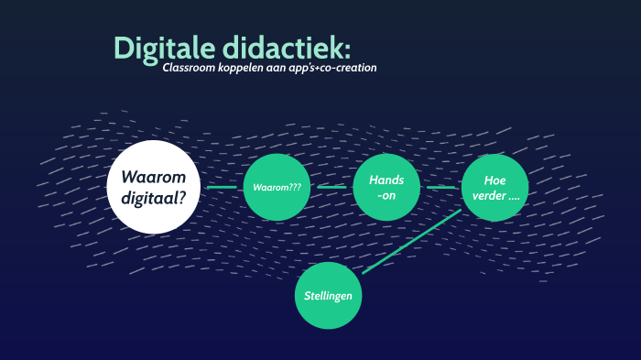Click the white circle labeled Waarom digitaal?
point(154,186)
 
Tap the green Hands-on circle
point(386,187)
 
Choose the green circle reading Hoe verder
point(494,187)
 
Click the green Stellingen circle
point(328,296)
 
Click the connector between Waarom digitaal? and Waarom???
point(222,187)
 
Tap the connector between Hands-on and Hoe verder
point(440,187)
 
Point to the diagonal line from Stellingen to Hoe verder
point(412,241)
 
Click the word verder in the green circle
point(491,196)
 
